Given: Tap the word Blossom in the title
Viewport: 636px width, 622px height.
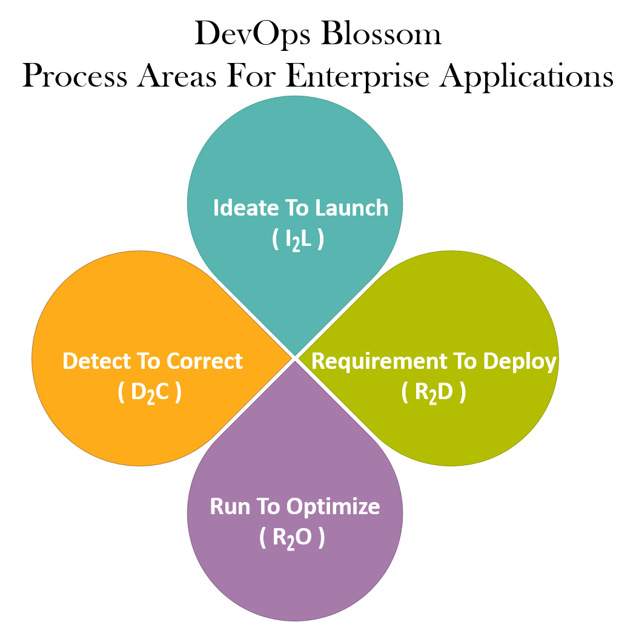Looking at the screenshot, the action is (x=381, y=33).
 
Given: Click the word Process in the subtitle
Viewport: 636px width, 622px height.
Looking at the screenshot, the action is (x=75, y=76).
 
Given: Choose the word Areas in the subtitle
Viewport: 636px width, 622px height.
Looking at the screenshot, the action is (x=177, y=75).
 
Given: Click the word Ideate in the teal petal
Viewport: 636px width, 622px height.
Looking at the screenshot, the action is (x=246, y=208).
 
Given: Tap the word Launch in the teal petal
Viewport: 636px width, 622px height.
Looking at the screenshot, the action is (x=352, y=208).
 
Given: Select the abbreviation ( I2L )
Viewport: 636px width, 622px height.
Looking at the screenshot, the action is (x=298, y=240).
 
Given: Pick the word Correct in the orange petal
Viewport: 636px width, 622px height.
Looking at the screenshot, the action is (x=205, y=361).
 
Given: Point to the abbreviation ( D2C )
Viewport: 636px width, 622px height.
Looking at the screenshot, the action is (x=150, y=393).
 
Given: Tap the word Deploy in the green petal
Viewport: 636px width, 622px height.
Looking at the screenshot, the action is (x=520, y=362).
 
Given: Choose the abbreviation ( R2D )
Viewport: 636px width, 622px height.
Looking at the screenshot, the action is (x=434, y=393).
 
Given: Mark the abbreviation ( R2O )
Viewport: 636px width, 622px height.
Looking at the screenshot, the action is (x=292, y=538).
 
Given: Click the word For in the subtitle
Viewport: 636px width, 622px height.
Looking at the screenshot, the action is (x=251, y=75).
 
